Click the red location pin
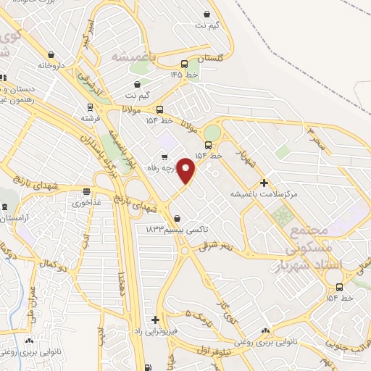tap(186, 170)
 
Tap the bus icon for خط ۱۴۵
tap(184, 63)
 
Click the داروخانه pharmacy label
tap(52, 65)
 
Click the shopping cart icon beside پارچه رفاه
tap(165, 156)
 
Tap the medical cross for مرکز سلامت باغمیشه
tap(264, 183)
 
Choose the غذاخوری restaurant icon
tap(86, 192)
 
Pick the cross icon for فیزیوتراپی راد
tap(154, 319)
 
